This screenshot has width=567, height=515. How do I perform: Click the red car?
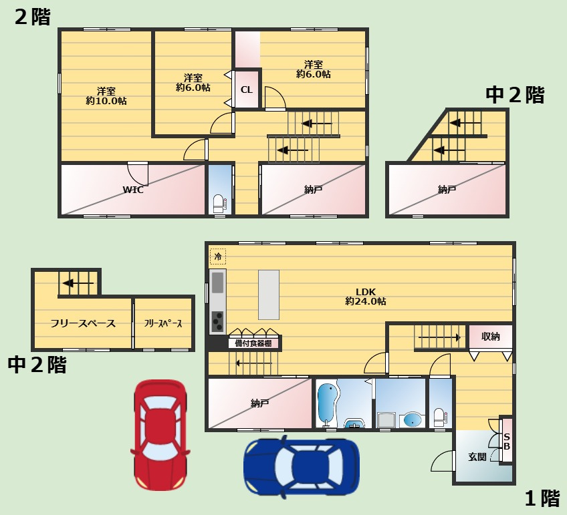tap(160, 434)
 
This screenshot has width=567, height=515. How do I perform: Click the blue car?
tap(302, 466)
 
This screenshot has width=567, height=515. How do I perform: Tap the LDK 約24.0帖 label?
tap(366, 297)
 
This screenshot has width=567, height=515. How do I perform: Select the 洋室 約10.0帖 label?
tap(106, 96)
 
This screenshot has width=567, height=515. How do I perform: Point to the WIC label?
tap(133, 190)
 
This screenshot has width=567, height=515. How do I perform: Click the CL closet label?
tap(247, 90)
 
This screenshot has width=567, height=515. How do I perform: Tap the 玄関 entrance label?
tap(477, 457)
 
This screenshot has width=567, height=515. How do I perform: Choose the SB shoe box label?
tap(507, 442)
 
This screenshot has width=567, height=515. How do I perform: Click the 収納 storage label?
tap(490, 337)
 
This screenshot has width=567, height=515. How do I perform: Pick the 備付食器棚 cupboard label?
tap(253, 343)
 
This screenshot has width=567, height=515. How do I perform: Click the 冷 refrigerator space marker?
tap(218, 256)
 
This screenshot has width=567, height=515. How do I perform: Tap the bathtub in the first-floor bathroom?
tap(328, 403)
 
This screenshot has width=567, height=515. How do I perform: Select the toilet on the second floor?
tap(219, 204)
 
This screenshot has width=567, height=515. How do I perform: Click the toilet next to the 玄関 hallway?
tap(440, 418)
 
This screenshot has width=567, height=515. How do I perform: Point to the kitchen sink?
tap(218, 283)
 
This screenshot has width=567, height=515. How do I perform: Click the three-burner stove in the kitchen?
tap(218, 321)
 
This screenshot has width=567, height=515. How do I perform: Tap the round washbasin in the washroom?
tap(413, 420)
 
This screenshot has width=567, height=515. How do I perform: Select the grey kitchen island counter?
tap(269, 295)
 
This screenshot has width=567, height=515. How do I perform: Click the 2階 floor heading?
tap(33, 17)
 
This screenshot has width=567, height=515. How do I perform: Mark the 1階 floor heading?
tap(542, 498)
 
